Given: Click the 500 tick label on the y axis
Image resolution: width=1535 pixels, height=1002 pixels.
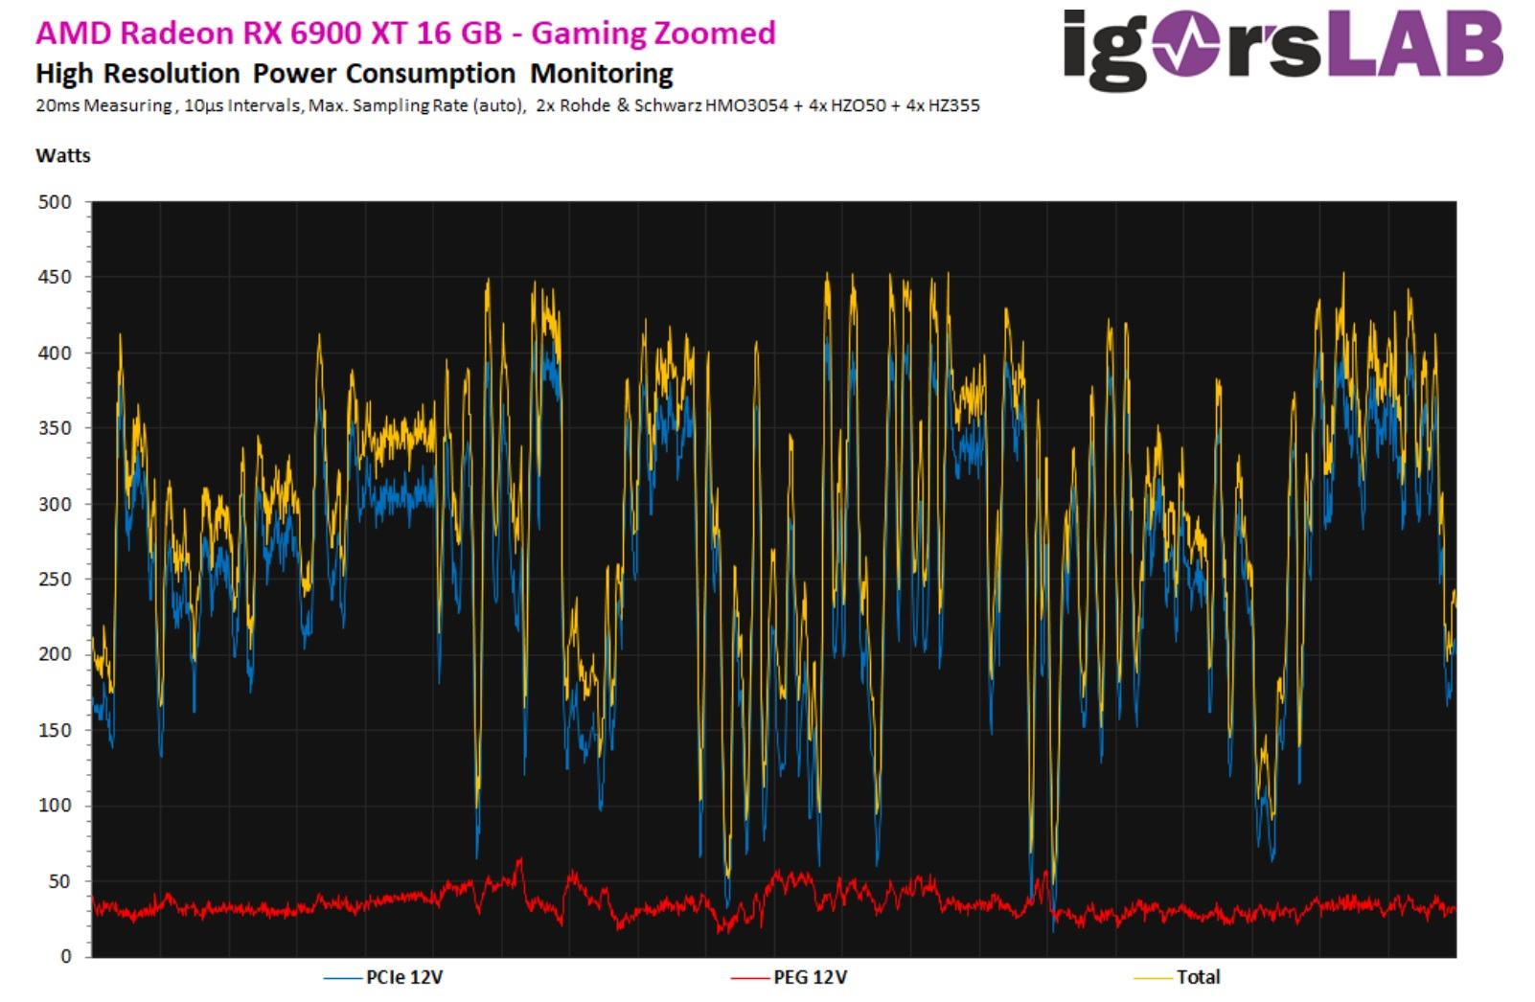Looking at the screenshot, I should click(54, 202).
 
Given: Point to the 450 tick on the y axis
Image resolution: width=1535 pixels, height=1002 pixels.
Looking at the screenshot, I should click(54, 278).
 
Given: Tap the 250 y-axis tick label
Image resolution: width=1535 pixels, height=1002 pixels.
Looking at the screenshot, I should click(54, 580).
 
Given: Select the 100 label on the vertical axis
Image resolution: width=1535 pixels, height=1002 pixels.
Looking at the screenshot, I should click(54, 806).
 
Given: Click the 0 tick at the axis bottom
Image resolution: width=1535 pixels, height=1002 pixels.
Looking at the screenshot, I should click(65, 956).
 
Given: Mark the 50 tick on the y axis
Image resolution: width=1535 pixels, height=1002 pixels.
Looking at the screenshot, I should click(58, 881).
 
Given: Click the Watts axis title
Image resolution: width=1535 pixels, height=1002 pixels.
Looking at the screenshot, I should click(63, 155).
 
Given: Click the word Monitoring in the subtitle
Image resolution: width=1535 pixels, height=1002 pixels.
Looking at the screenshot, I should click(602, 74).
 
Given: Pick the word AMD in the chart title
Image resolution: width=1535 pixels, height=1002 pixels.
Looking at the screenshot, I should click(62, 34).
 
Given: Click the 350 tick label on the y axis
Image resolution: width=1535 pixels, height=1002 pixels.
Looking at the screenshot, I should click(54, 428).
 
